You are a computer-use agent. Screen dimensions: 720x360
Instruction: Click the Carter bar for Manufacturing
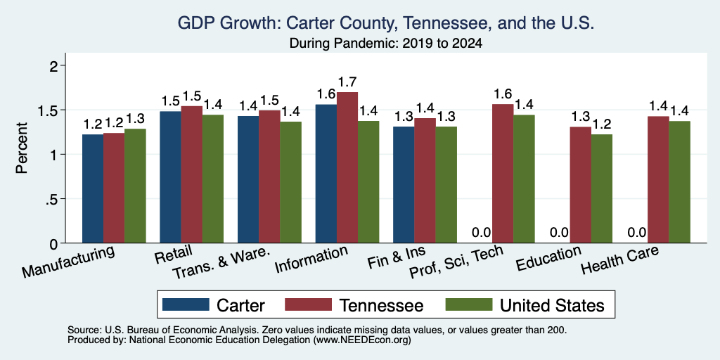pyautogui.click(x=93, y=188)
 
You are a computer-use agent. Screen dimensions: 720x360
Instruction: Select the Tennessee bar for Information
pyautogui.click(x=347, y=167)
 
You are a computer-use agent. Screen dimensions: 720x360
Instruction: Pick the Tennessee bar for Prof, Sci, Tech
pyautogui.click(x=503, y=174)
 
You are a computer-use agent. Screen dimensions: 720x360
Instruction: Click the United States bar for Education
pyautogui.click(x=602, y=188)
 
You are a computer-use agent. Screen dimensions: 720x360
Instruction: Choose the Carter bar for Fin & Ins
pyautogui.click(x=404, y=185)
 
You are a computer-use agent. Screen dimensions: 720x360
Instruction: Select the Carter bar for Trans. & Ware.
pyautogui.click(x=248, y=179)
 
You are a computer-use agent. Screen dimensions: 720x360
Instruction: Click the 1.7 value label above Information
pyautogui.click(x=347, y=83)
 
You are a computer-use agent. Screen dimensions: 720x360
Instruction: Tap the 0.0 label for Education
pyautogui.click(x=559, y=233)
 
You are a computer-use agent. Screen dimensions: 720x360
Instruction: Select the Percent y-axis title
pyautogui.click(x=22, y=148)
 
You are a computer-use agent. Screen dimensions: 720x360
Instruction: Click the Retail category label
pyautogui.click(x=174, y=254)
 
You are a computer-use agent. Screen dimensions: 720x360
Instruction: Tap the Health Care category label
pyautogui.click(x=620, y=259)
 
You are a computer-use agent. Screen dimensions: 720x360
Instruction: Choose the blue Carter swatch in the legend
pyautogui.click(x=186, y=304)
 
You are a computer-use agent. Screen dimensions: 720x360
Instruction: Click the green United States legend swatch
pyautogui.click(x=469, y=304)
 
